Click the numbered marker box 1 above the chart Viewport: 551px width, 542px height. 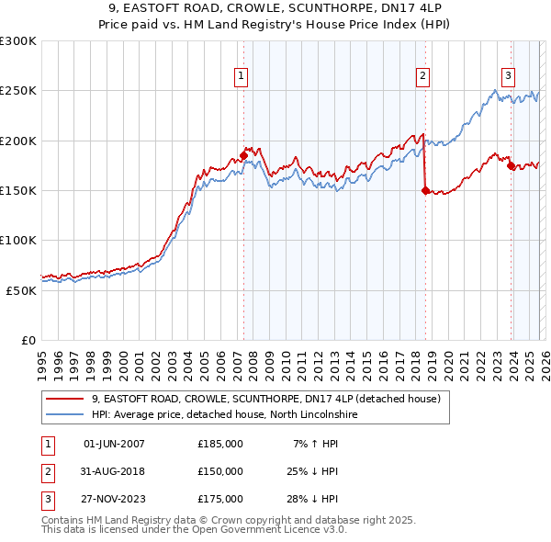[x=241, y=76]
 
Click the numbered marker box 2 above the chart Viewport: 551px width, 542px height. [x=422, y=76]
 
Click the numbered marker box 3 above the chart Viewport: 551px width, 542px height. [x=508, y=76]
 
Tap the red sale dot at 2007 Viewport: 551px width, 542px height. [x=243, y=155]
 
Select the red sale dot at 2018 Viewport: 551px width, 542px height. [x=425, y=190]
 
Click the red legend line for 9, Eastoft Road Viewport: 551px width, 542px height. [x=65, y=399]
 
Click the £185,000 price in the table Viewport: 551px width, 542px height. [x=220, y=444]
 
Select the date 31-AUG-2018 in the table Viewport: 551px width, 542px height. [x=114, y=471]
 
